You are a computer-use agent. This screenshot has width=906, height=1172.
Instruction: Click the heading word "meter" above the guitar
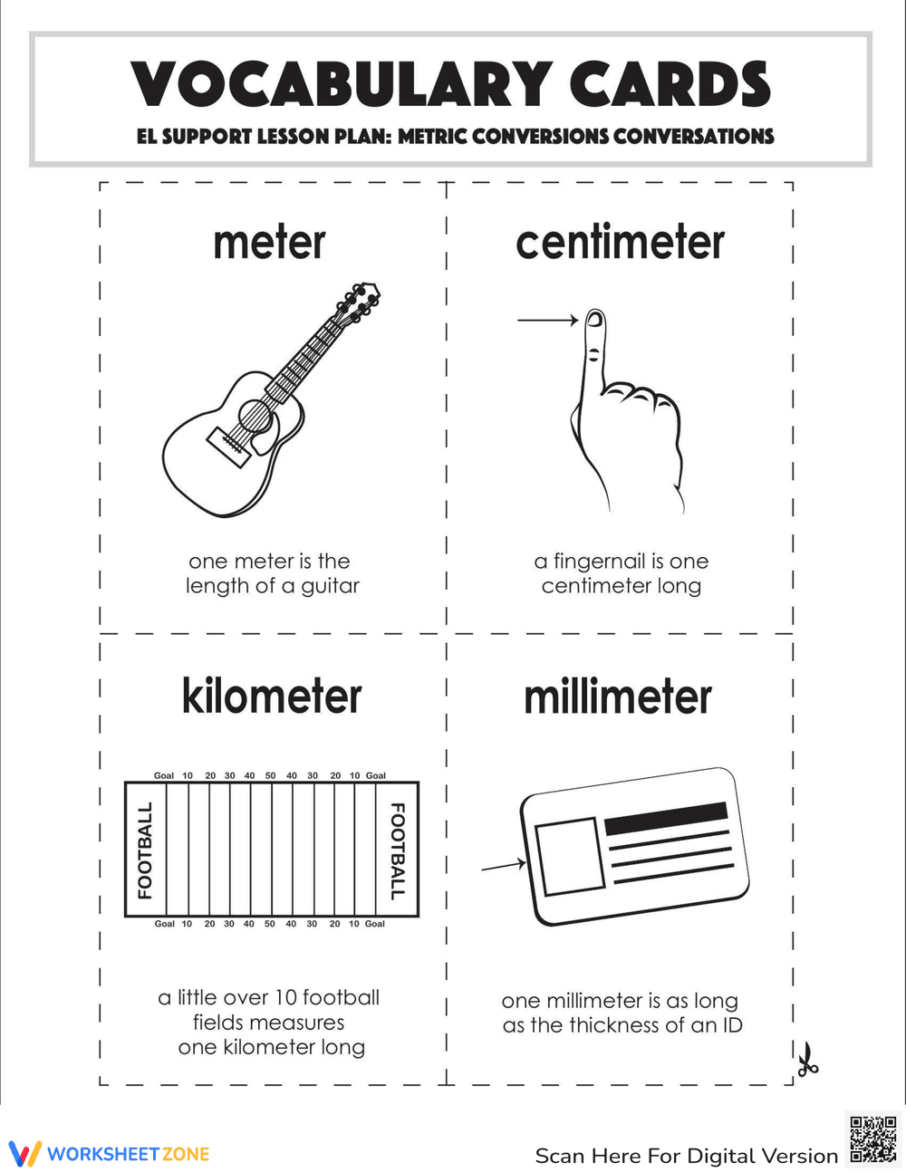tap(269, 243)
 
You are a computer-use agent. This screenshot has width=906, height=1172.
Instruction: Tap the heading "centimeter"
tap(620, 243)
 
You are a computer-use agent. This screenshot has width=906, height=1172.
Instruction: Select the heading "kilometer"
tap(272, 696)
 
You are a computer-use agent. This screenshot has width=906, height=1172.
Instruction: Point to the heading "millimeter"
tap(618, 696)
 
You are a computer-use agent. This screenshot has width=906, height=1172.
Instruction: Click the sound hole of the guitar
tap(255, 418)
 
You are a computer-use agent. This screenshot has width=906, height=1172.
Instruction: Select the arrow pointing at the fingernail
tap(547, 320)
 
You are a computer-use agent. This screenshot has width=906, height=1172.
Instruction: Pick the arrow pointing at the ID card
tap(503, 866)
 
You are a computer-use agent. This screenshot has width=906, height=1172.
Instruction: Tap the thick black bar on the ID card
tap(666, 818)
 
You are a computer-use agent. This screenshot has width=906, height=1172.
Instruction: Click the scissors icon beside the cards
tap(806, 1060)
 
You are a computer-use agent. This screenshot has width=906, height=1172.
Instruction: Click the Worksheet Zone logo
tap(110, 1154)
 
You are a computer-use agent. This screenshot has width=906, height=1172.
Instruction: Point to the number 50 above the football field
tap(270, 776)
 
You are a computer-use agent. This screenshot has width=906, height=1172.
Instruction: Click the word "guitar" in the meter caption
tap(330, 586)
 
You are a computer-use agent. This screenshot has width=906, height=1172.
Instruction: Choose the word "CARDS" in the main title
tap(670, 85)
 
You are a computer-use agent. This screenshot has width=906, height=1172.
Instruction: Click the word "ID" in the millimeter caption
tap(731, 1025)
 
